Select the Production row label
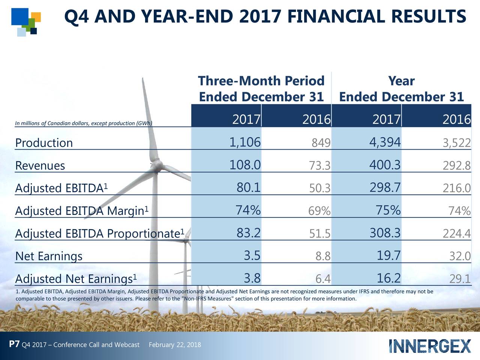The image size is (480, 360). pyautogui.click(x=44, y=143)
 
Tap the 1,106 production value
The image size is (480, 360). pyautogui.click(x=245, y=142)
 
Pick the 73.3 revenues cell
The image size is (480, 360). pyautogui.click(x=319, y=165)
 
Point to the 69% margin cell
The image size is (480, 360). pyautogui.click(x=319, y=211)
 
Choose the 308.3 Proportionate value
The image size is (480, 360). pyautogui.click(x=385, y=233)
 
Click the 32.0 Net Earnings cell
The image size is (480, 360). pyautogui.click(x=460, y=256)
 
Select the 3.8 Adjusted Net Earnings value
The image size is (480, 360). pyautogui.click(x=252, y=278)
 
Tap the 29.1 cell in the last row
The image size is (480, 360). pyautogui.click(x=460, y=279)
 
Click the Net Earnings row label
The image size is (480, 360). pyautogui.click(x=49, y=256)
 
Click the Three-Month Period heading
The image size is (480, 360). pyautogui.click(x=261, y=81)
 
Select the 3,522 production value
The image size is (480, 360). pyautogui.click(x=456, y=143)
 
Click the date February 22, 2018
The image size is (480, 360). pyautogui.click(x=175, y=345)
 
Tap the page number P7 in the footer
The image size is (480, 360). pyautogui.click(x=14, y=344)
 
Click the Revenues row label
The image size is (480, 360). pyautogui.click(x=40, y=166)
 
